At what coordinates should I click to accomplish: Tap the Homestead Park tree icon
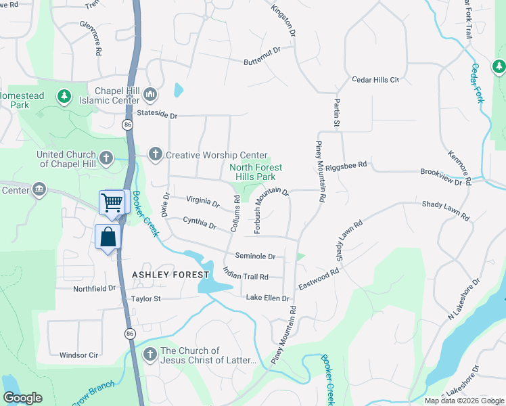pyautogui.click(x=64, y=96)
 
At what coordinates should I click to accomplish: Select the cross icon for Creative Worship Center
pyautogui.click(x=155, y=154)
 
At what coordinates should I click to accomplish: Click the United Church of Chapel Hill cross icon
pyautogui.click(x=106, y=158)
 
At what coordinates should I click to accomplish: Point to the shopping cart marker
pyautogui.click(x=112, y=201)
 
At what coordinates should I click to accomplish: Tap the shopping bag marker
pyautogui.click(x=108, y=238)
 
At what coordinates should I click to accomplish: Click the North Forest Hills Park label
pyautogui.click(x=256, y=172)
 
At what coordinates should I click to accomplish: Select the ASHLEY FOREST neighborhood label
pyautogui.click(x=166, y=275)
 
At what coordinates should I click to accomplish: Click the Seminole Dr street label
pyautogui.click(x=255, y=256)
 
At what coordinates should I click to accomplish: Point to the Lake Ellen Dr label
pyautogui.click(x=267, y=298)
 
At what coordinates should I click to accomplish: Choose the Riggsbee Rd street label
pyautogui.click(x=346, y=164)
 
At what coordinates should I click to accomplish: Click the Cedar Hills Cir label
pyautogui.click(x=375, y=80)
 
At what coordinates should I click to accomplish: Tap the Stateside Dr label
pyautogui.click(x=156, y=115)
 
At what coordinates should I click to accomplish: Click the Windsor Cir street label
pyautogui.click(x=79, y=355)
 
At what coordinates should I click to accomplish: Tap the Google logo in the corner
pyautogui.click(x=22, y=397)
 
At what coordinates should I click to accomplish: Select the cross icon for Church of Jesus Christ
pyautogui.click(x=149, y=354)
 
